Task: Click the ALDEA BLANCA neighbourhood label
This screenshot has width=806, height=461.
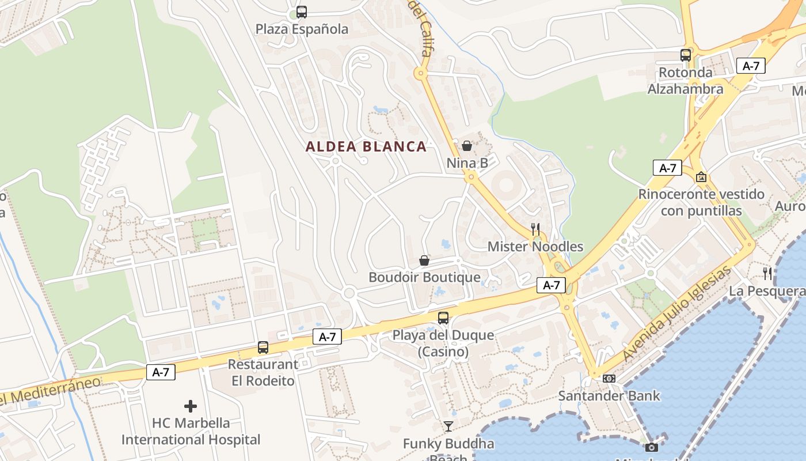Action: pos(366,146)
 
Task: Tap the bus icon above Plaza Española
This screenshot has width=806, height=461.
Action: pos(301,12)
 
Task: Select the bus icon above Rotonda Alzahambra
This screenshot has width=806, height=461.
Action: pos(685,55)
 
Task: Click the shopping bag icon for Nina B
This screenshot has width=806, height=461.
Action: pos(467,146)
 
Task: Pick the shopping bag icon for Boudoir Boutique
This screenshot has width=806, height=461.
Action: pos(424,260)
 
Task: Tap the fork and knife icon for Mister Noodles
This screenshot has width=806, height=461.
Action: pos(535,229)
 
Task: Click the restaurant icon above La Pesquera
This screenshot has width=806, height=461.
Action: pos(767,273)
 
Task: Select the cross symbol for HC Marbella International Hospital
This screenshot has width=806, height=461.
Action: pos(191,406)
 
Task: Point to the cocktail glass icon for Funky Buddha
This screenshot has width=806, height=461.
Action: pos(448,426)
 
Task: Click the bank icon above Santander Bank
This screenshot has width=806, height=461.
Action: pos(609,379)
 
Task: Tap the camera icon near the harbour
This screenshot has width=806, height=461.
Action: pos(651,447)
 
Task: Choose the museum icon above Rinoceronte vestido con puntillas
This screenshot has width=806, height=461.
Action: pos(701,177)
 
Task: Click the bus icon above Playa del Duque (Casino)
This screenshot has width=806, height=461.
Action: pos(443,318)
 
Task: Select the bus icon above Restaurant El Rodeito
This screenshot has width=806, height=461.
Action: pos(263,347)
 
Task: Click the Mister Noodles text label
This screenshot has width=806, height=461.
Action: pos(535,247)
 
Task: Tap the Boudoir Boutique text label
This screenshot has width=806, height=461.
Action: pos(424,277)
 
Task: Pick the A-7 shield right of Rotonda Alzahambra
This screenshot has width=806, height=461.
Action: pos(751,66)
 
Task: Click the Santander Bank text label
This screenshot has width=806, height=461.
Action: pos(609,396)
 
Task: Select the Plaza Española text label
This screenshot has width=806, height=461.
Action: pos(302,29)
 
